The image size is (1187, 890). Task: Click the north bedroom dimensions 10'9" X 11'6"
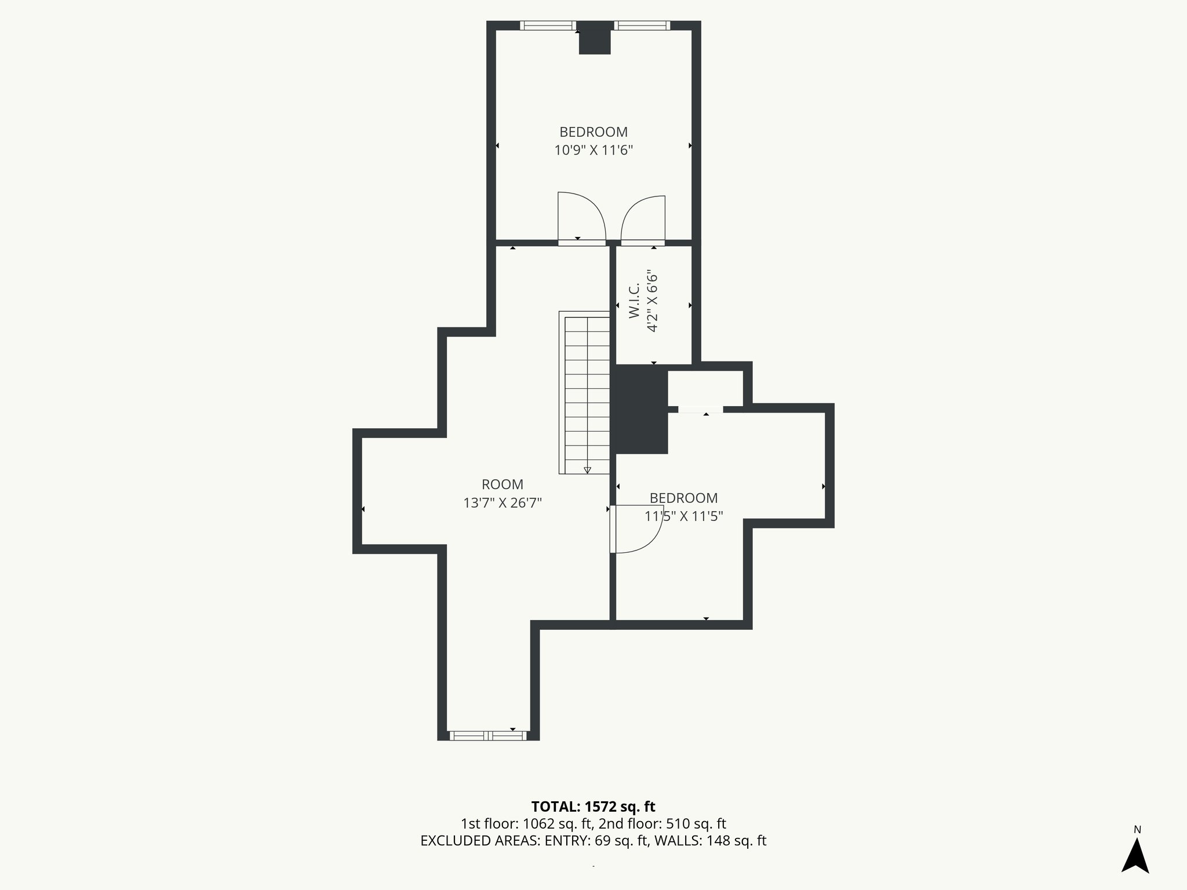(593, 151)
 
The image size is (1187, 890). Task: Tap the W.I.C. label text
(634, 301)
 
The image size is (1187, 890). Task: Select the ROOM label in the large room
(502, 484)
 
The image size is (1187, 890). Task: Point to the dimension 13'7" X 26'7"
(502, 503)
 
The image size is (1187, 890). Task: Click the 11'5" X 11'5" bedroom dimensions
(683, 516)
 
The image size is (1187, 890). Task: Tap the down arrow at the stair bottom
(587, 470)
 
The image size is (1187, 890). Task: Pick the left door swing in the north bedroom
(581, 217)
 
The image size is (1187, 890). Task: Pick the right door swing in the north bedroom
(643, 219)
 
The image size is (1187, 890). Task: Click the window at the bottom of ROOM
(488, 736)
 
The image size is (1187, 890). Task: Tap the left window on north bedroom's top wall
(547, 25)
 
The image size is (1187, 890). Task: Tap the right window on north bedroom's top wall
(642, 25)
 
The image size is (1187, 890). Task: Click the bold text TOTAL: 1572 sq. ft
(593, 807)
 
